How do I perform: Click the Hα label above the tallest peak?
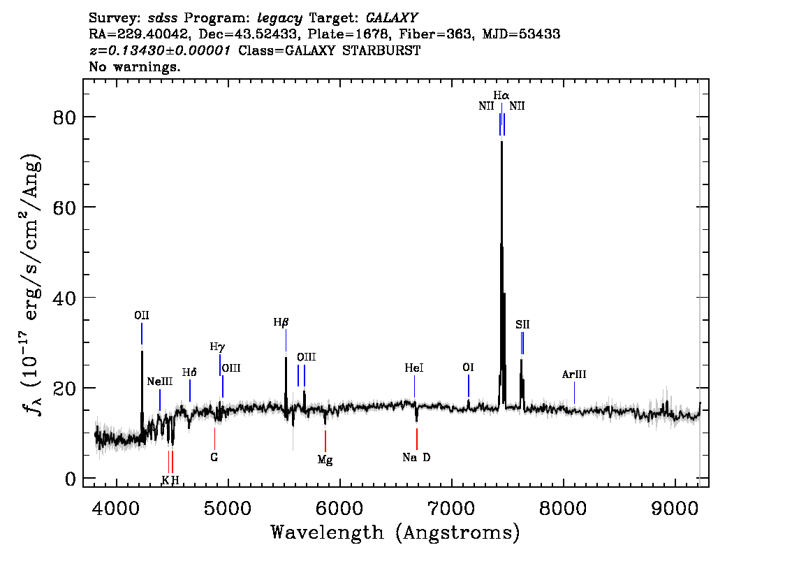(x=501, y=95)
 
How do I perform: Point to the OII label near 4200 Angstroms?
(x=142, y=315)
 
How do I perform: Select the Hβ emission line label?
(x=281, y=322)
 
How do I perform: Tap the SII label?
(x=522, y=324)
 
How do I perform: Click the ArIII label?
(x=574, y=375)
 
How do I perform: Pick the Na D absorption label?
(x=417, y=458)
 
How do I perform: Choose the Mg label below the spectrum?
(x=325, y=460)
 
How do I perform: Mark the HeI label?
(x=414, y=368)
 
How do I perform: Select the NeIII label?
(x=159, y=382)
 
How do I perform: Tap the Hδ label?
(x=189, y=372)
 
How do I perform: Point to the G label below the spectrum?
(x=214, y=458)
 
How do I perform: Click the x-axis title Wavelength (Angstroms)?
(x=395, y=533)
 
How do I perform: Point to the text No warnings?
(x=135, y=67)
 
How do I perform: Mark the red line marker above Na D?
(x=417, y=439)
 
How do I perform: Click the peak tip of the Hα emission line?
(x=501, y=142)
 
